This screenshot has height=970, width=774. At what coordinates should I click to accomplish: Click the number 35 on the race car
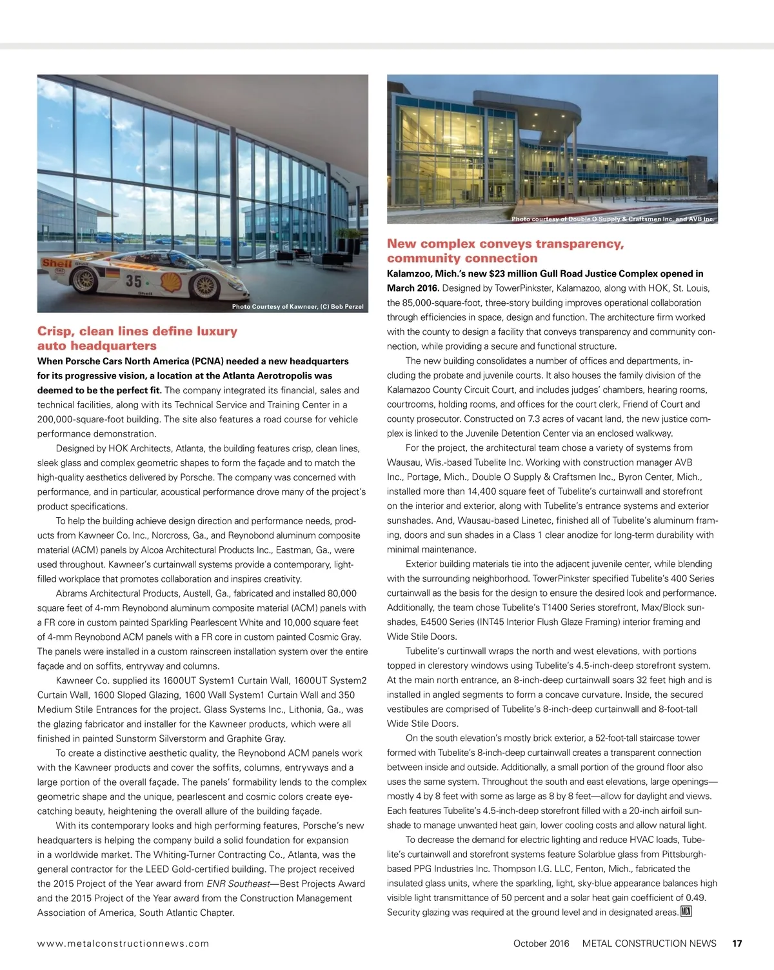pyautogui.click(x=134, y=280)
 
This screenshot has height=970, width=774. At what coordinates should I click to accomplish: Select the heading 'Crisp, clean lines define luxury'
pyautogui.click(x=137, y=331)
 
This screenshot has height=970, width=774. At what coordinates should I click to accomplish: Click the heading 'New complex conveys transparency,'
pyautogui.click(x=505, y=244)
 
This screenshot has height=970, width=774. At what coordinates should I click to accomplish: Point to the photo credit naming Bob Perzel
pyautogui.click(x=297, y=306)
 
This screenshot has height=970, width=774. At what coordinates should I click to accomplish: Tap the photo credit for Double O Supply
pyautogui.click(x=612, y=219)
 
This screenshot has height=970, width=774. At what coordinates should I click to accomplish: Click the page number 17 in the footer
pyautogui.click(x=737, y=943)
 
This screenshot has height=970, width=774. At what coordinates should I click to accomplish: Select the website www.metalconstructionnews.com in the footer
pyautogui.click(x=123, y=943)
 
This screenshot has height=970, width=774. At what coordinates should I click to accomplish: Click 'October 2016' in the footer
pyautogui.click(x=541, y=943)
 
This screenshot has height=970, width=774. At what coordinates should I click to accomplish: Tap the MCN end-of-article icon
pyautogui.click(x=686, y=911)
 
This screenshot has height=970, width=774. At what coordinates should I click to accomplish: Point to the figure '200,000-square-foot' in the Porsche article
pyautogui.click(x=82, y=419)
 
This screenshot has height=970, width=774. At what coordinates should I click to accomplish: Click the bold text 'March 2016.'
pyautogui.click(x=413, y=288)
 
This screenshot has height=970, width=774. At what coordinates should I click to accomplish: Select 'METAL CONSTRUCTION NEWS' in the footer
pyautogui.click(x=649, y=943)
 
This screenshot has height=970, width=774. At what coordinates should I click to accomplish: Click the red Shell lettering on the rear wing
pyautogui.click(x=56, y=263)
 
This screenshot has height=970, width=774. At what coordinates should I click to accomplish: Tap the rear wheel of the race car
pyautogui.click(x=84, y=281)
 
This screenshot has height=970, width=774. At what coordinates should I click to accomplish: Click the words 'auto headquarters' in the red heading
pyautogui.click(x=97, y=346)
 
